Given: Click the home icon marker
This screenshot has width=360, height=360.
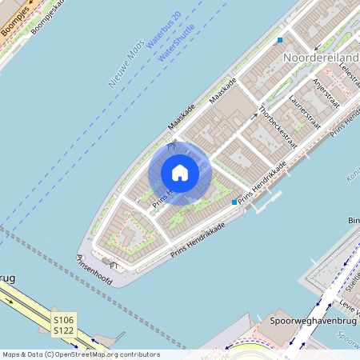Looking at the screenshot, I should pyautogui.click(x=180, y=172).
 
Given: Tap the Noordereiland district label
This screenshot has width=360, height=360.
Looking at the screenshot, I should pyautogui.click(x=319, y=58).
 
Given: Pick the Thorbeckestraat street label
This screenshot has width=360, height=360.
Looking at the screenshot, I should pyautogui.click(x=277, y=128).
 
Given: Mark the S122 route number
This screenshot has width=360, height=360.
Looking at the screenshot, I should pyautogui.click(x=64, y=330).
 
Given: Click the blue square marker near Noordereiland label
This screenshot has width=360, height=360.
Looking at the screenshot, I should pyautogui.click(x=280, y=40).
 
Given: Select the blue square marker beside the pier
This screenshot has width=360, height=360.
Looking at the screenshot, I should pyautogui.click(x=234, y=202).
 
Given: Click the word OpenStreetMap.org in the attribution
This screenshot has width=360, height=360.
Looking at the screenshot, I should pyautogui.click(x=106, y=354).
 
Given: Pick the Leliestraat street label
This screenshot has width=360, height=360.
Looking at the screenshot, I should pyautogui.click(x=349, y=77).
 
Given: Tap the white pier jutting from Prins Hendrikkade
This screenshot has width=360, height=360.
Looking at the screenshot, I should pyautogui.click(x=265, y=199).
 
